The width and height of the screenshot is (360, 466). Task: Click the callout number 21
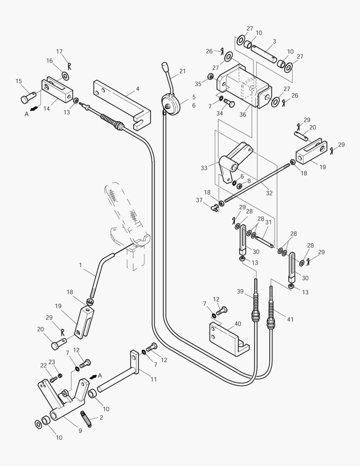pos(182,71)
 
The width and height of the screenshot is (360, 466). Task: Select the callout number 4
pos(137,89)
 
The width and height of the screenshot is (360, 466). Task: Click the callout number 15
pos(19,81)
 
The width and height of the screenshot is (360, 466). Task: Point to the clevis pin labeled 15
pos(27,98)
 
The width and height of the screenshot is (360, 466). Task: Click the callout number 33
pos(204,168)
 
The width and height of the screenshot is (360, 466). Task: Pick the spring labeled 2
pos(85,419)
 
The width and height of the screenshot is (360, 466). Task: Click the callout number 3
pos(274,41)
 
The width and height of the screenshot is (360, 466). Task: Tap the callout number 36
pos(243,114)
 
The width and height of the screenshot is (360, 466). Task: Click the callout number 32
pos(269,193)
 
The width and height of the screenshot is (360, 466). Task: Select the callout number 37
pos(199,200)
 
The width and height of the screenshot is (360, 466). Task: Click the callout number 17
pos(59,51)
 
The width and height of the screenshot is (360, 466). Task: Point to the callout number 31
pos(268,222)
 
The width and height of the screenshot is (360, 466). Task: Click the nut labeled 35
pos(210,77)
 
